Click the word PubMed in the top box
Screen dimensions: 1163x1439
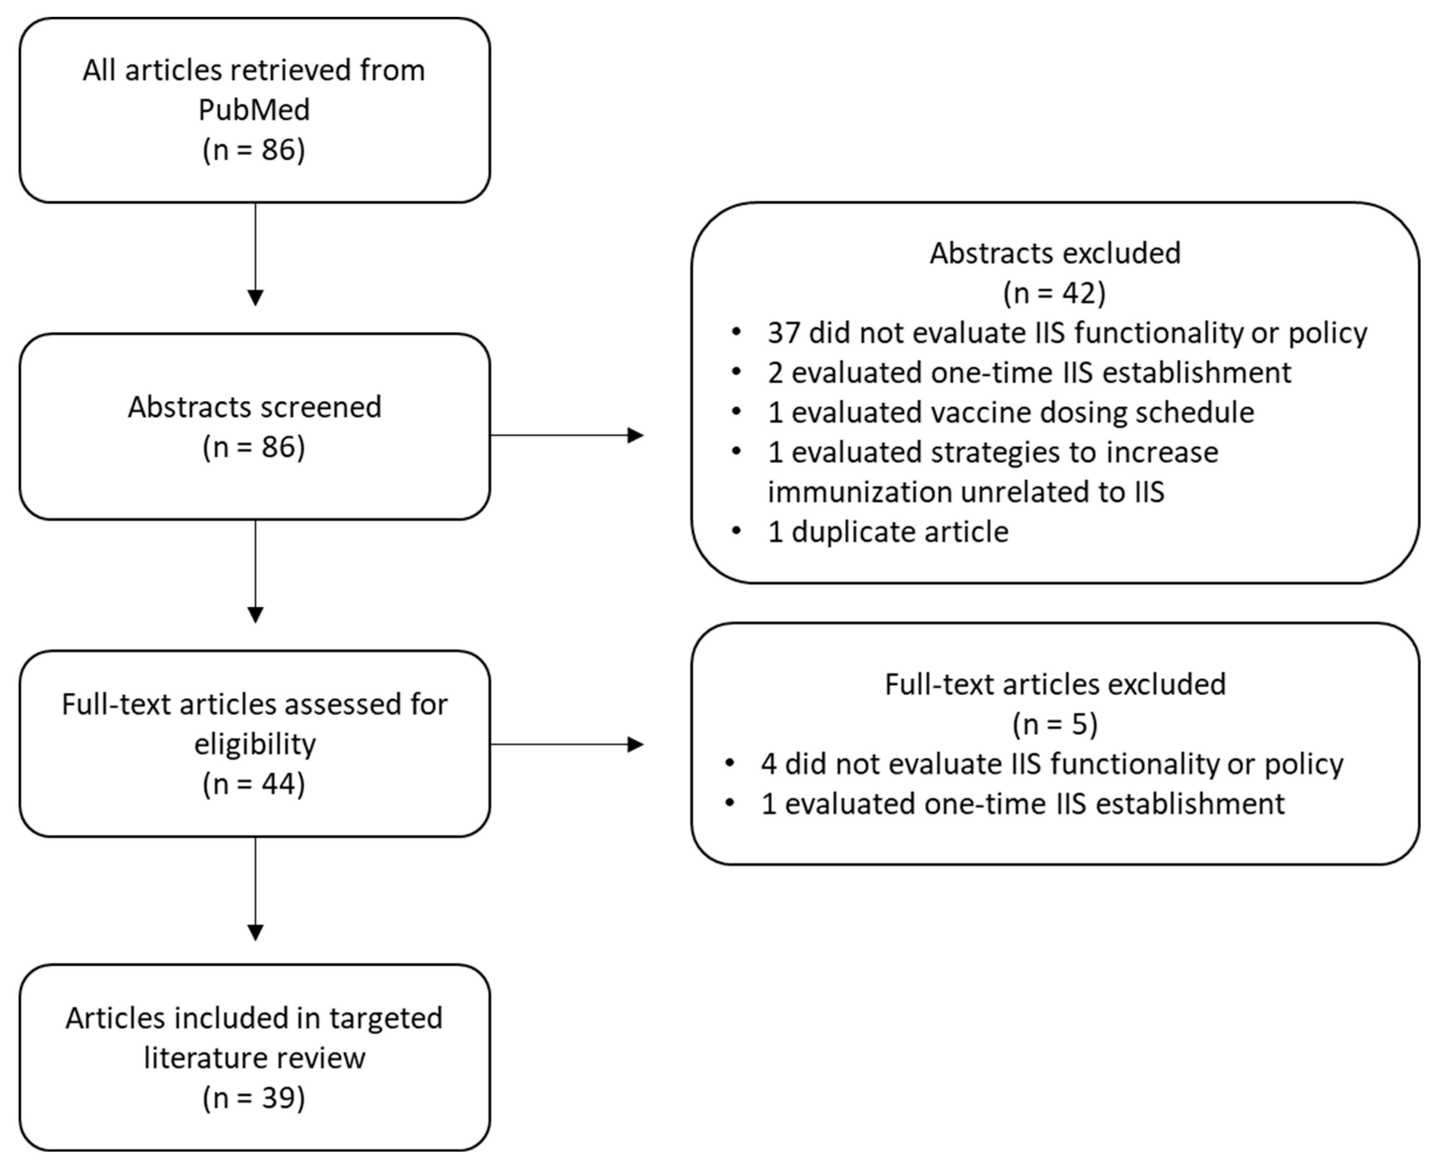point(254,110)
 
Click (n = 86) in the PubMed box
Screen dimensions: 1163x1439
point(254,149)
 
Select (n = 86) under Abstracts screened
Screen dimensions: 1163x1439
point(254,447)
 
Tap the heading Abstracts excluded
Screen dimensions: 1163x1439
point(1055,253)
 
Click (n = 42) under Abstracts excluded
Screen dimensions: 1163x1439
point(1055,293)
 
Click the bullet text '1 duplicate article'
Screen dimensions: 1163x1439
point(888,532)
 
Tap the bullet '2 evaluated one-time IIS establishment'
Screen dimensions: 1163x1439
point(1029,373)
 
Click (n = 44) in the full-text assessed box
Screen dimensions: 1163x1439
point(254,784)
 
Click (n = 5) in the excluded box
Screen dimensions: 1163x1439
point(1055,724)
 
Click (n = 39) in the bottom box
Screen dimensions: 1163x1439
point(254,1097)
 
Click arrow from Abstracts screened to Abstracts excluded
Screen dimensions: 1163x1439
point(566,436)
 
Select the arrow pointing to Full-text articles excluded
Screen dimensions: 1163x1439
point(566,744)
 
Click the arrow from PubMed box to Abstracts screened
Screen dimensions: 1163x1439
point(255,255)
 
